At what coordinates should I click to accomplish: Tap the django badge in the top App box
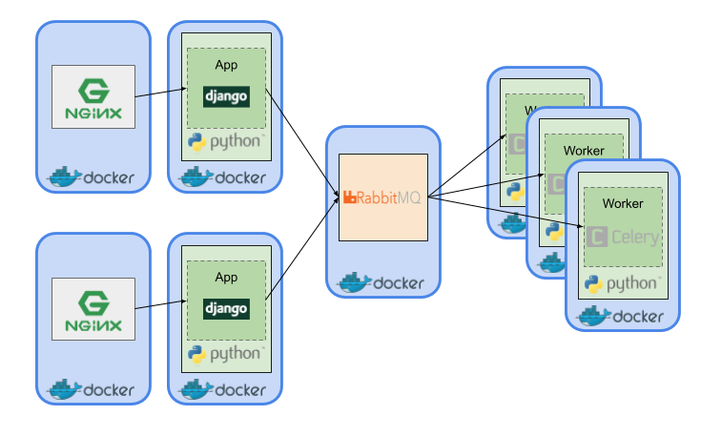pos(226,95)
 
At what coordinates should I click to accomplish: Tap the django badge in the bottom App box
pos(226,308)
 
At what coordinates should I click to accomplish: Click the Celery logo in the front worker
pos(623,237)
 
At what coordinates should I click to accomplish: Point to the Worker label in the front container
pos(622,203)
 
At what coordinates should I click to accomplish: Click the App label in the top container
pos(226,66)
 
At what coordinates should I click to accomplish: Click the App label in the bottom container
pos(226,278)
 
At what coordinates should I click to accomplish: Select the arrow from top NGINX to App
pos(159,93)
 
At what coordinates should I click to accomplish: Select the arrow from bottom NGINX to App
pos(159,306)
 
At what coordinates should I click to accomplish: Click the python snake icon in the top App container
pos(197,143)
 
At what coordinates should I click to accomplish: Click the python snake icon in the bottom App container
pos(197,355)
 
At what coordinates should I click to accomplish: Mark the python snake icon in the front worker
pos(593,283)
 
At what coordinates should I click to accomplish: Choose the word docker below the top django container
pos(240,177)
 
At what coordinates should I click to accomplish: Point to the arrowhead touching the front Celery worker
pos(579,226)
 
